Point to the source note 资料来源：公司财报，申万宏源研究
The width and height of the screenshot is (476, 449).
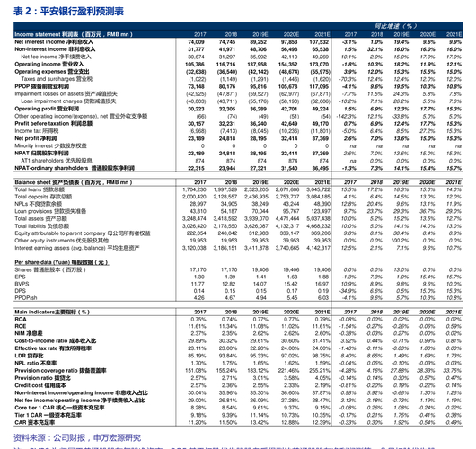72,437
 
